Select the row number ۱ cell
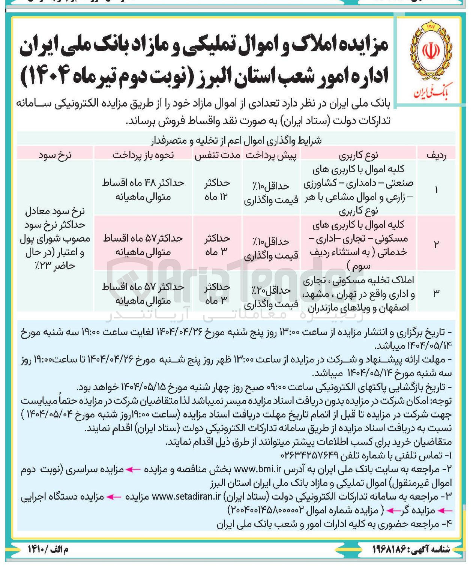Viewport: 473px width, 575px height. [x=436, y=190]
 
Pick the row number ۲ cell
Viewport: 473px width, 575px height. [x=436, y=244]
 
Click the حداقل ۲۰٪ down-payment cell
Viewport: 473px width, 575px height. [x=271, y=297]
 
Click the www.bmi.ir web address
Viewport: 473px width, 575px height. [x=258, y=469]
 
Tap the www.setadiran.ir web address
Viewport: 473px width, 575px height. [x=186, y=497]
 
